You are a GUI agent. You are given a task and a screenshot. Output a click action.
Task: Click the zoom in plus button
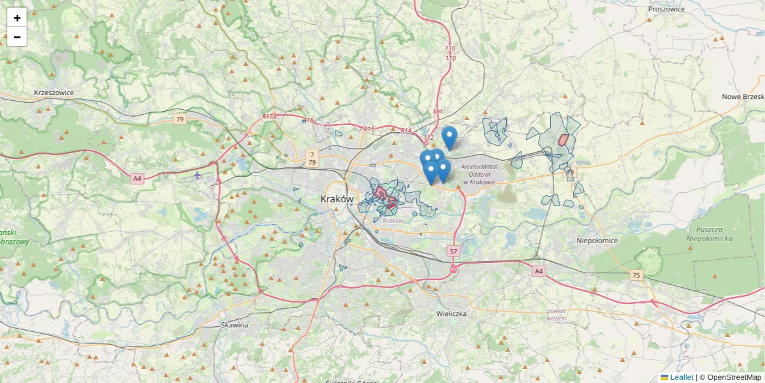pos(17,18)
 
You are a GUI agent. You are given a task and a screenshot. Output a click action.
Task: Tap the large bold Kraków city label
pos(337,199)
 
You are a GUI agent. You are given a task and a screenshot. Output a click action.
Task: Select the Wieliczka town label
pos(452,314)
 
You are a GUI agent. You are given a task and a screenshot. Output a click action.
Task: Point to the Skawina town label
pos(235,325)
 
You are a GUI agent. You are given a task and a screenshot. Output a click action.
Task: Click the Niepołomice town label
pos(597,241)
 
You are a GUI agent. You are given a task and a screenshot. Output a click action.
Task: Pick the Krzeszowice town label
pos(54,93)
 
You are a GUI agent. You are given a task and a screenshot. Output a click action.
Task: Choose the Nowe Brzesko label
pos(743,96)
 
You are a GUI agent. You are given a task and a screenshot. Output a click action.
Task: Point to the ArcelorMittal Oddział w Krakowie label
pos(479,174)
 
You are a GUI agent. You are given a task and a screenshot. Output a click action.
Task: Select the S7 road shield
pos(453,252)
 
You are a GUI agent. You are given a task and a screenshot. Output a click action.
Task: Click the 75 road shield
pos(636,275)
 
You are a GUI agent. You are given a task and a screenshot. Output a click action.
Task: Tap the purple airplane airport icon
pos(198,175)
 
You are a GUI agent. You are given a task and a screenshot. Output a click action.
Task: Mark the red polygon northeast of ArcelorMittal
pos(563,140)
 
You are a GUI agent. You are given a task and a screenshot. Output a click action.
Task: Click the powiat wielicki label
pos(556,314)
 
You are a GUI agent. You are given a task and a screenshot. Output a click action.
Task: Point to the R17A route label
pos(270,117)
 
